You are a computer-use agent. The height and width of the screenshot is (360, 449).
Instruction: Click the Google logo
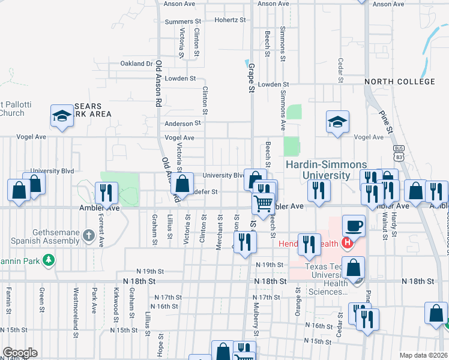click(x=20, y=353)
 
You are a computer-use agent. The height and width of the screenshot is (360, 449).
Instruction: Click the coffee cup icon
click(x=354, y=226)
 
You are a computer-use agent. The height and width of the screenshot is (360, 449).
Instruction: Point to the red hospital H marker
click(x=346, y=243)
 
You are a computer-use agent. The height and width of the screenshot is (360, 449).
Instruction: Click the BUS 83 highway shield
click(x=398, y=152)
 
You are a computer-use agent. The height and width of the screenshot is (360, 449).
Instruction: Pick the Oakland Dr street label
click(x=136, y=64)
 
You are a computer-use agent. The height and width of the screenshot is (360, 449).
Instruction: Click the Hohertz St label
click(x=231, y=20)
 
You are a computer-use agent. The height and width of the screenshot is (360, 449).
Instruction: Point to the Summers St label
click(x=182, y=22)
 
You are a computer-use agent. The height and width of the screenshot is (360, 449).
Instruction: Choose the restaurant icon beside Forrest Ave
click(x=106, y=193)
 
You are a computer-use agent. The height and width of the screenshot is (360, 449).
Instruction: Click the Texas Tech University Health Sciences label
click(x=327, y=279)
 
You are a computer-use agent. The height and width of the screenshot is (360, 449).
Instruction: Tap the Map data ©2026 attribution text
click(x=424, y=355)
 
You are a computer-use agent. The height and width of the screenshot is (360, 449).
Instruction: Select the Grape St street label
click(x=252, y=78)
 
